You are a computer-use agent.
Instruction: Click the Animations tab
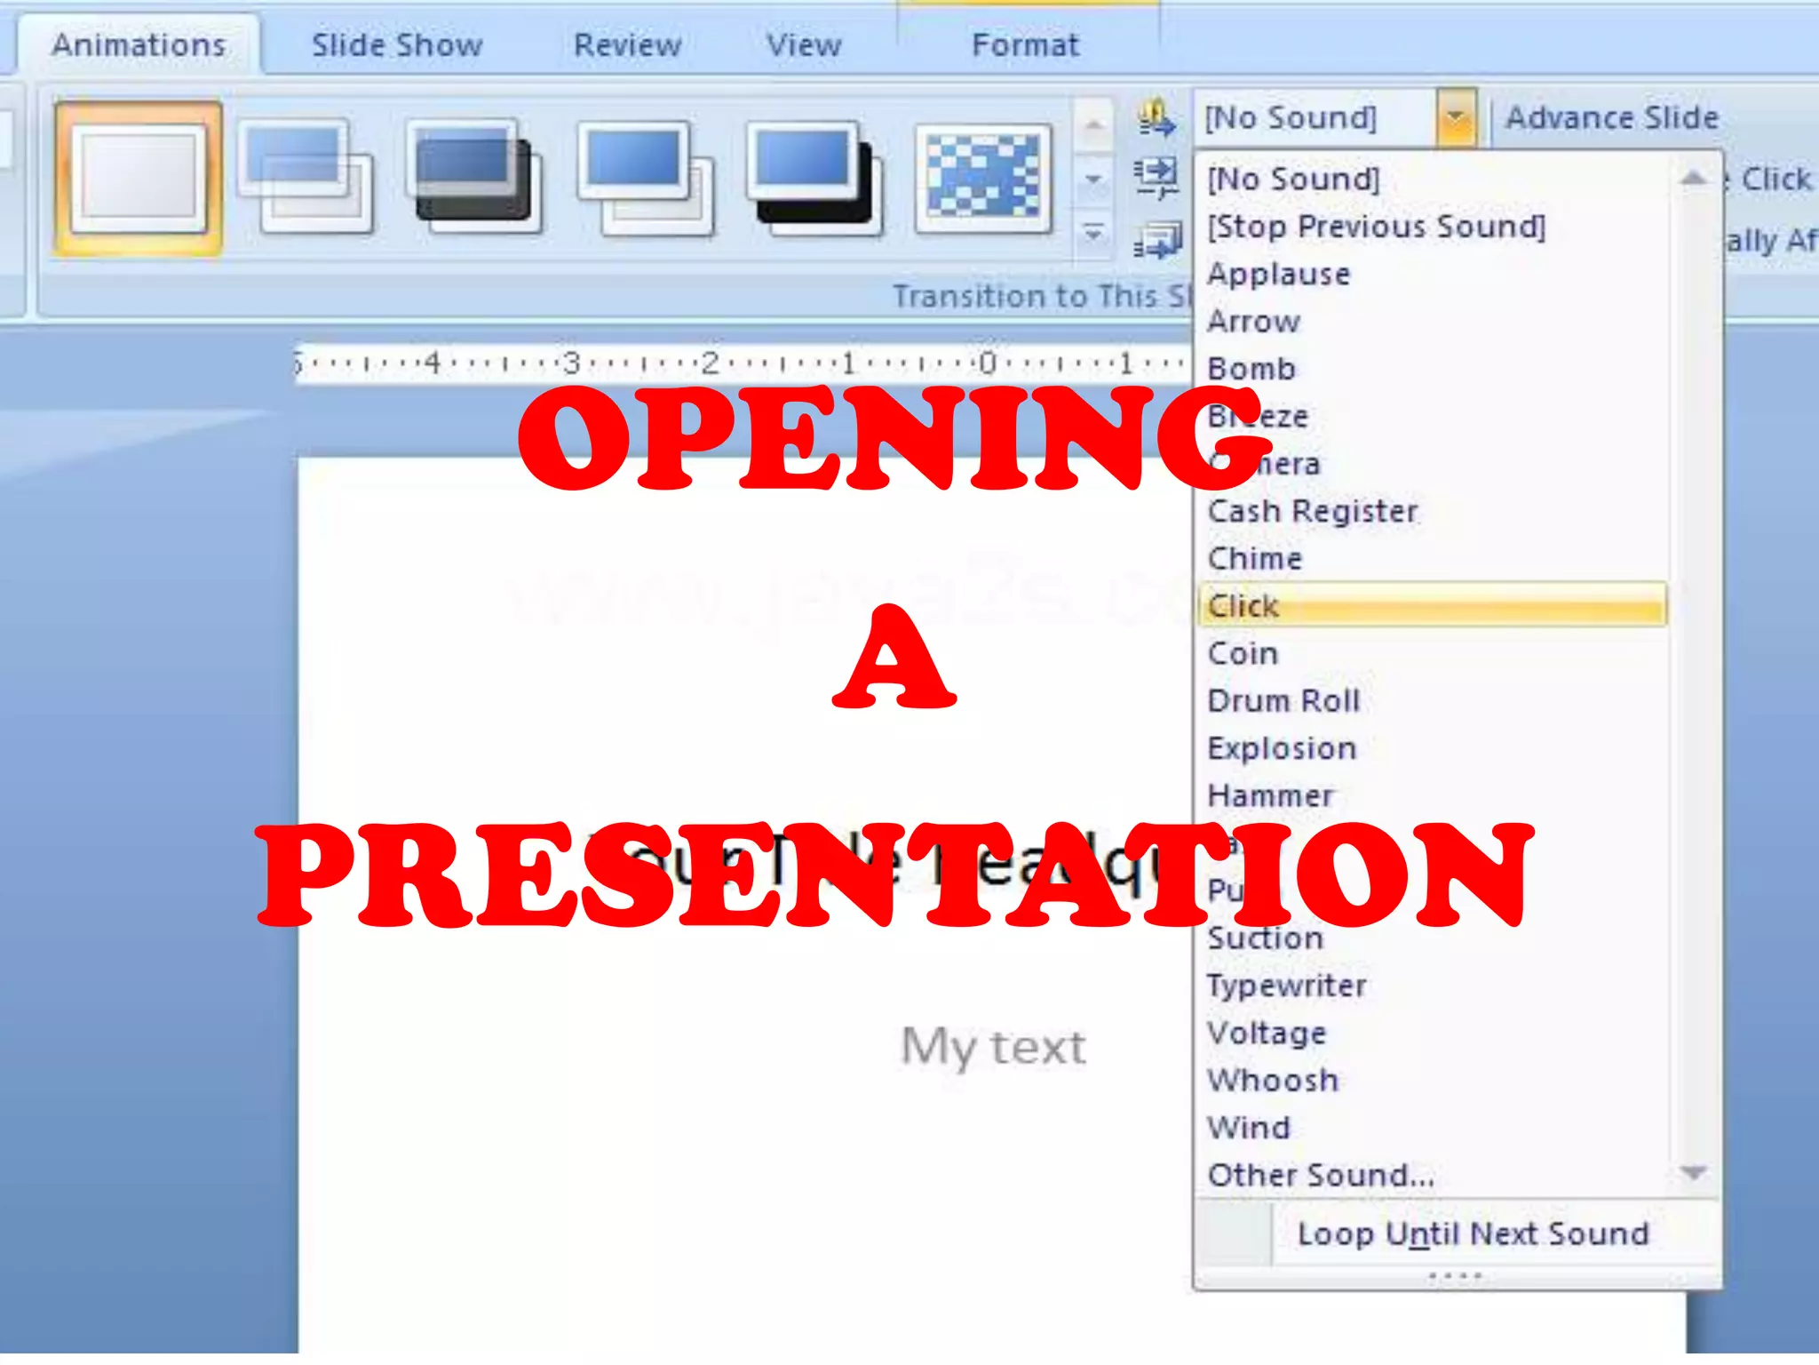click(139, 44)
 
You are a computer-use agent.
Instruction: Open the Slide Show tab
click(397, 44)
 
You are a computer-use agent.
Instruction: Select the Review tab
click(627, 44)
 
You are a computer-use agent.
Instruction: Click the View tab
click(804, 44)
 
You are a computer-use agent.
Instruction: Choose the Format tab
click(1026, 44)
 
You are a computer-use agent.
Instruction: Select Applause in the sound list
click(1279, 274)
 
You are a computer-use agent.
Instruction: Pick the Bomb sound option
click(1251, 369)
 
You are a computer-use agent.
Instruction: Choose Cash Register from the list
click(1313, 511)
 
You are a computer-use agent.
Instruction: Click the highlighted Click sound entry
click(1243, 606)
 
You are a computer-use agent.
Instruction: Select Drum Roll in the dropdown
click(1283, 701)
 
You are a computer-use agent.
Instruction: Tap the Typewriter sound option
click(1286, 986)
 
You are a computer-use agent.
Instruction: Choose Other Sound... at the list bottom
click(1321, 1176)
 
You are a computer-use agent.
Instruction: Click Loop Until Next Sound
click(1473, 1233)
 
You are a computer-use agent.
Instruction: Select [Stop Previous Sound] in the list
click(1376, 227)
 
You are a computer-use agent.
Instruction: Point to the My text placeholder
click(993, 1046)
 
